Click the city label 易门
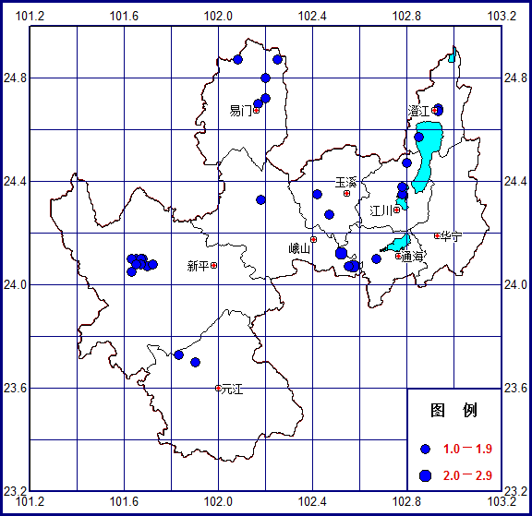pos(240,111)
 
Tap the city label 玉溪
pos(345,183)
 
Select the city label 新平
pos(198,266)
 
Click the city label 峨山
pos(299,248)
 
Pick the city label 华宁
pos(452,235)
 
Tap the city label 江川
pos(381,210)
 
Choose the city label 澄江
pos(419,111)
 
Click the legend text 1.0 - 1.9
pos(467,449)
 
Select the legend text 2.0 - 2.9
pos(467,474)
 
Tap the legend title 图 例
pos(453,410)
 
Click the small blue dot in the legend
pos(426,449)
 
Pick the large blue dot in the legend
pos(426,474)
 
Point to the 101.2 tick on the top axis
pos(31,15)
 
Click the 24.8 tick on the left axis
pos(15,78)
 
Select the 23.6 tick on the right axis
pos(515,388)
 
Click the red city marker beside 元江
pos(218,388)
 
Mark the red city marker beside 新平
pos(214,265)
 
